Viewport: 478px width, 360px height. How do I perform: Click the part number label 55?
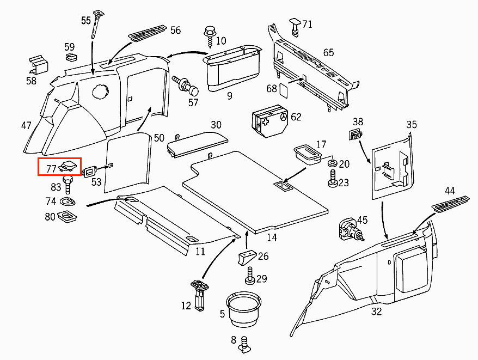tap(86, 21)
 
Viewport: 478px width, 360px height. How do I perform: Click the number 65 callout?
tap(328, 53)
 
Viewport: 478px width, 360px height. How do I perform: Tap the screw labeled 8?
tap(245, 343)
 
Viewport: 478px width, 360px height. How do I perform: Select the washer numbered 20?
tap(331, 164)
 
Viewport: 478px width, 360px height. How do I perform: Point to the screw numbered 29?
tap(250, 276)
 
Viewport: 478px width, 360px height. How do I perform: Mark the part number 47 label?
tap(26, 125)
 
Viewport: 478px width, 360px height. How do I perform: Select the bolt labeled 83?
tap(68, 185)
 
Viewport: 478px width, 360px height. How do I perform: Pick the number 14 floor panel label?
tap(272, 237)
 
